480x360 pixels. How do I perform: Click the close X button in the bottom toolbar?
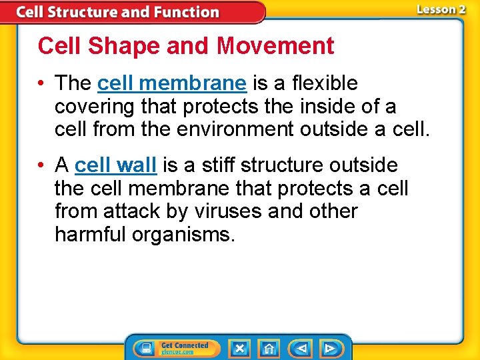239,348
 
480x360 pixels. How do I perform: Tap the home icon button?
269,348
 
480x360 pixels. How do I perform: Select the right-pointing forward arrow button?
329,348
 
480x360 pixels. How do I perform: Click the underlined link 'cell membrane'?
172,83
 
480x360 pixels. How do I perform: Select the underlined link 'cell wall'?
116,165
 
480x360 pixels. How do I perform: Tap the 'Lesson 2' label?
441,9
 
